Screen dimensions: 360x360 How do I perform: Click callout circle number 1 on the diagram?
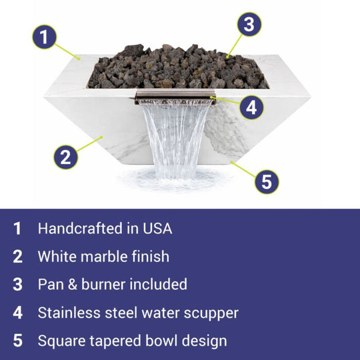coord(44,37)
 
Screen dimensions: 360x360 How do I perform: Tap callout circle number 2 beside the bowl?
coord(66,157)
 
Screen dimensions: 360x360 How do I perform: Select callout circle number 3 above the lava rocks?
coord(249,25)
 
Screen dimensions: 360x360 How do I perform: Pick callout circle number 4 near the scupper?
coord(251,107)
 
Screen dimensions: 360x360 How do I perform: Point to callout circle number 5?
coord(267,182)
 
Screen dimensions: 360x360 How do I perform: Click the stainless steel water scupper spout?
coord(175,97)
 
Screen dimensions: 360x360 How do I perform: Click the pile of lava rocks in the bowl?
coord(178,67)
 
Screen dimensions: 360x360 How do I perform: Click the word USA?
coord(157,229)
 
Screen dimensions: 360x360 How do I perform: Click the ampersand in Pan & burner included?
coord(73,285)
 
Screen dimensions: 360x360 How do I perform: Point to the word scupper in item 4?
coord(211,313)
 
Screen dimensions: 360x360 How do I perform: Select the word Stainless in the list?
coord(69,313)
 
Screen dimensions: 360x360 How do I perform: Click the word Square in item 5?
coord(62,341)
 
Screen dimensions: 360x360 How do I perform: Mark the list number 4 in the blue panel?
coord(18,313)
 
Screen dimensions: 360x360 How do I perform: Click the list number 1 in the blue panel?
coord(17,229)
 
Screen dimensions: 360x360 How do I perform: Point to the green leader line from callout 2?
coord(90,144)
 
